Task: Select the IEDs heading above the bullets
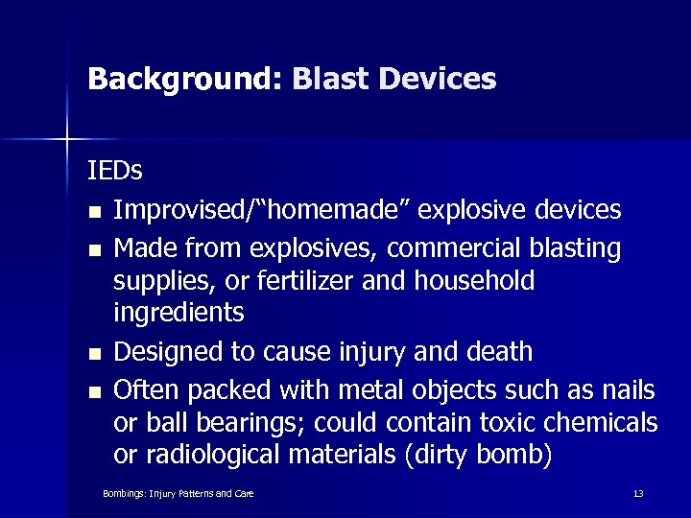tap(115, 171)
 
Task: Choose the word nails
tap(630, 389)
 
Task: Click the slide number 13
tap(637, 493)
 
